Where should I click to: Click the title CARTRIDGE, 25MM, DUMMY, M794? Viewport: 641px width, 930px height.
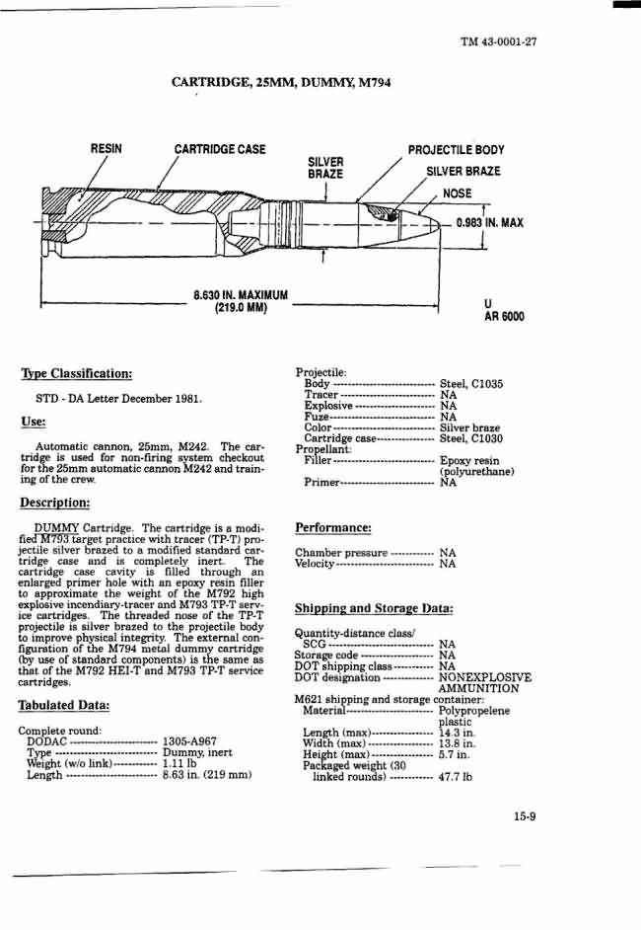281,83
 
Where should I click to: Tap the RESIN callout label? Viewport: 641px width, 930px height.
107,149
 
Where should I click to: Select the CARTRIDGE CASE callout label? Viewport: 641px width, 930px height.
220,149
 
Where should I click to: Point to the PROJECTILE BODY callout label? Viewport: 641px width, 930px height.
456,150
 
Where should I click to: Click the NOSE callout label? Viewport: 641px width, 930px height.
458,194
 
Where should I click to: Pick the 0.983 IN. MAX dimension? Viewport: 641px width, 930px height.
489,222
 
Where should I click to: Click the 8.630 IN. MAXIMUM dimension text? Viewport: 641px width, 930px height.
241,294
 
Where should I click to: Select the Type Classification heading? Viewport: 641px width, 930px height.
76,374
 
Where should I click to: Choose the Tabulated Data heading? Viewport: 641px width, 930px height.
63,705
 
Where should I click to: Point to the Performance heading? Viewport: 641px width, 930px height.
333,528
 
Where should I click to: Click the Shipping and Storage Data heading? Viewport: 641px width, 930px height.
374,608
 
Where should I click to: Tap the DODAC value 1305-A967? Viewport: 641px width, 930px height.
189,741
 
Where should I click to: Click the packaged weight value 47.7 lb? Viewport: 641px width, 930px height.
456,777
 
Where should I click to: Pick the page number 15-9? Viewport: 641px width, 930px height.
523,815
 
